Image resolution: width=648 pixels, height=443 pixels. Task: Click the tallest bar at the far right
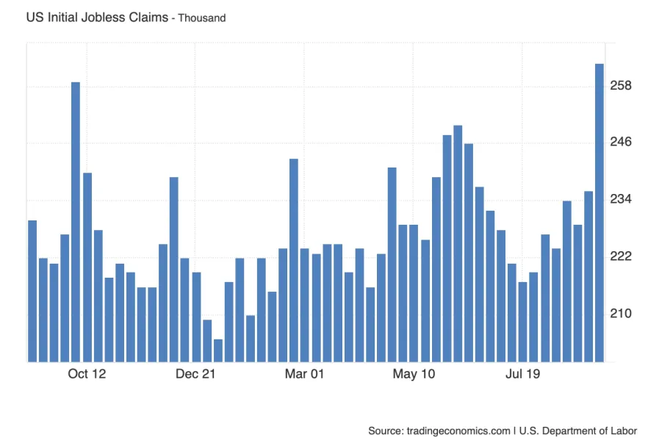click(x=599, y=213)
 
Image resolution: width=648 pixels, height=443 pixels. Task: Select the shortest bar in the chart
click(x=217, y=350)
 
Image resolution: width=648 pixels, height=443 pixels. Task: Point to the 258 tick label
click(x=622, y=86)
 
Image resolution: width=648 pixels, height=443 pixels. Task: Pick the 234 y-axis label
click(x=622, y=199)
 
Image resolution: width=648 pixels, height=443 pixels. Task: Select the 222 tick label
click(x=622, y=256)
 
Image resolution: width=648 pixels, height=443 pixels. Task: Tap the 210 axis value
click(x=622, y=313)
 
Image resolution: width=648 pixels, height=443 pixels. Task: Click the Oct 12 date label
click(x=87, y=375)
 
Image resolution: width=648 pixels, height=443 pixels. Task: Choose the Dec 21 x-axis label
click(x=195, y=375)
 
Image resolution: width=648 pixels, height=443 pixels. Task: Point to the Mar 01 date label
click(x=304, y=375)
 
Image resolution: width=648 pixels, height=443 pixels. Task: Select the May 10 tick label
click(x=414, y=375)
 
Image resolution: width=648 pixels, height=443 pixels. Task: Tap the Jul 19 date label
click(x=522, y=375)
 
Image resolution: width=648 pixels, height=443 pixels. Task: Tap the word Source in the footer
click(x=385, y=431)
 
